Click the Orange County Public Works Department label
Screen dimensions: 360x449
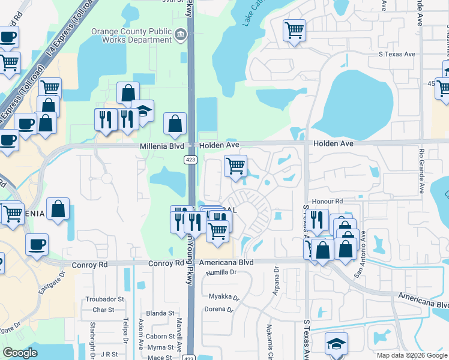tap(131, 35)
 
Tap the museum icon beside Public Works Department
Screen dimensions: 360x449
tap(180, 35)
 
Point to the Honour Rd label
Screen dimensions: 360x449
tap(327, 201)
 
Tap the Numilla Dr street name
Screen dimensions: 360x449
tap(221, 272)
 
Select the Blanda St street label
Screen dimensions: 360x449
tap(160, 313)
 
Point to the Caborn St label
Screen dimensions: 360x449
tap(160, 337)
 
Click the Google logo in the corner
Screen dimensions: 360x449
tap(20, 353)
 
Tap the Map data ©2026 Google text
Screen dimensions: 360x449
tap(411, 355)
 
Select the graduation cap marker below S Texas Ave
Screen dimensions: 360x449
tap(337, 344)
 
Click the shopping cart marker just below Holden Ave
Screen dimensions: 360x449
tap(236, 166)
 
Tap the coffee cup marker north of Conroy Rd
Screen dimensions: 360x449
tap(37, 244)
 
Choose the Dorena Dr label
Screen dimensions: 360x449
tap(221, 310)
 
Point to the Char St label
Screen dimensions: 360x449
tap(103, 310)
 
